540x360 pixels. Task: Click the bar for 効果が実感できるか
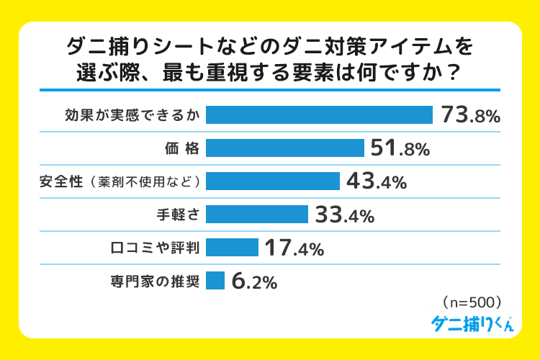click(x=319, y=115)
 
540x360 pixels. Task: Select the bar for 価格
click(x=284, y=148)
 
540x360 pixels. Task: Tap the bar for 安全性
click(x=272, y=181)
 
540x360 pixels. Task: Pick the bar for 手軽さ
click(x=257, y=215)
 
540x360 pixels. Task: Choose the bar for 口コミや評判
click(x=232, y=248)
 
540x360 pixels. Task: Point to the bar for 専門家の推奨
click(x=215, y=281)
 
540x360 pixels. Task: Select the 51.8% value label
click(x=400, y=148)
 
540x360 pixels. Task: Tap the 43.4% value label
click(x=377, y=181)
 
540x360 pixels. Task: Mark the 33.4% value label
click(x=344, y=215)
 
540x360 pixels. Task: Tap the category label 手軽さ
click(x=179, y=215)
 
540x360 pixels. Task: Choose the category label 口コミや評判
click(x=155, y=248)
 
